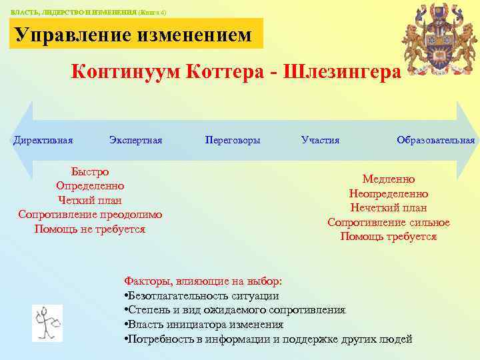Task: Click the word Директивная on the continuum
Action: [43, 140]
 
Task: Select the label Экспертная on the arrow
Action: [135, 140]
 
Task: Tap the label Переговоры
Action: [233, 140]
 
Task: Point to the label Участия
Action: [320, 140]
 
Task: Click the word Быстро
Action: [90, 171]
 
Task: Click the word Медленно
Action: [389, 179]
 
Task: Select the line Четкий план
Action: [90, 200]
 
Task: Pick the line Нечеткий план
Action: [389, 208]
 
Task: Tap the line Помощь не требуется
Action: [90, 229]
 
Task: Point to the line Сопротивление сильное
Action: [389, 223]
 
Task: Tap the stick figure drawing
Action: [47, 323]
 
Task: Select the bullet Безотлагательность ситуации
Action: [201, 296]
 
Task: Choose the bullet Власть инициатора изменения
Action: [204, 325]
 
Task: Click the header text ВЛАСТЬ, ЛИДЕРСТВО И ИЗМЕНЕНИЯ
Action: [67, 12]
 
